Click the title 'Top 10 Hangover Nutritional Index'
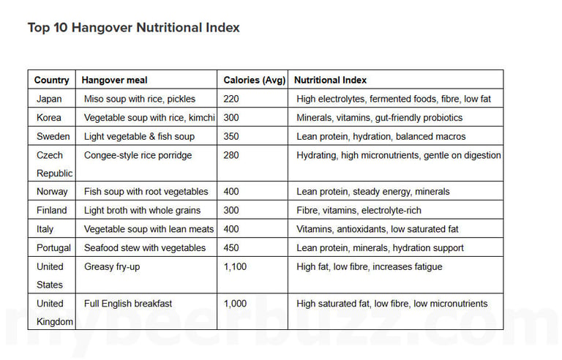(133, 28)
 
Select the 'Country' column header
(51, 80)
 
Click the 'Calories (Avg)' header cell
(255, 80)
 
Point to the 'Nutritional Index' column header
(330, 80)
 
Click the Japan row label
(49, 99)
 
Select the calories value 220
(232, 99)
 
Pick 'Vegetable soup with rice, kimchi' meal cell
(149, 118)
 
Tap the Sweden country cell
(51, 137)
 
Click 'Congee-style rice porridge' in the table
(138, 155)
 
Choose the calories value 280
(232, 155)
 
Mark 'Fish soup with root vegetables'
(146, 192)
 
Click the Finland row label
(51, 211)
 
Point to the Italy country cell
(45, 229)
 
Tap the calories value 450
(232, 248)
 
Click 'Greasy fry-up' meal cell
(112, 267)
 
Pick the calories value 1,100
(235, 267)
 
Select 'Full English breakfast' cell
(128, 304)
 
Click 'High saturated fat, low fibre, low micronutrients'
(391, 304)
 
